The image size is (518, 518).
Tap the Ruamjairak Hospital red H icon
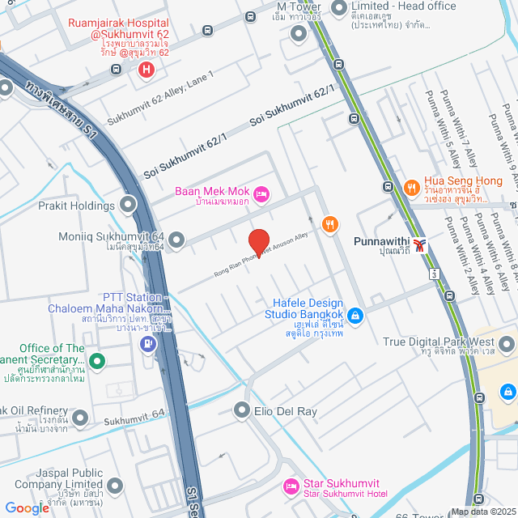(146, 70)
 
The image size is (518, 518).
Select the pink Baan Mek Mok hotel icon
(261, 193)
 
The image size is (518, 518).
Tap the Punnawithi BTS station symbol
(418, 243)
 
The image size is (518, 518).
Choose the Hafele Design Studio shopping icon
(355, 314)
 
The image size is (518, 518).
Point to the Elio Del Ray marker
(241, 411)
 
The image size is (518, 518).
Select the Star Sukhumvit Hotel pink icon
(289, 487)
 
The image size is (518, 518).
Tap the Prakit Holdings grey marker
(127, 205)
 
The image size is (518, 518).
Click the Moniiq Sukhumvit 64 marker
(175, 240)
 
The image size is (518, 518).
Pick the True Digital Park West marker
(507, 343)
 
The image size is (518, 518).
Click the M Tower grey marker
(299, 33)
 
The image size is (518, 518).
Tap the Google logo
(27, 507)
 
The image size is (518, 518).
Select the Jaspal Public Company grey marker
(115, 486)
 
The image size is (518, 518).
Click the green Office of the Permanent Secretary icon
(96, 362)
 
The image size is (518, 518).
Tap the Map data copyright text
(482, 512)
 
